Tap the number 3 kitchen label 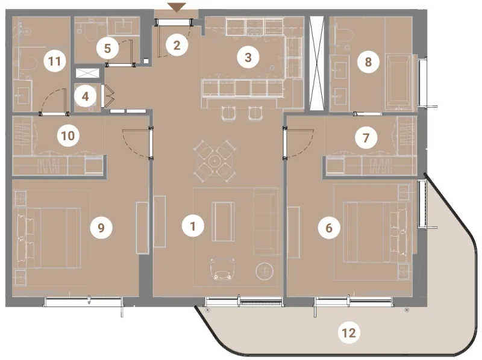(x=247, y=58)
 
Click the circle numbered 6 (x=328, y=228)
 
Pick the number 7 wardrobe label (x=365, y=138)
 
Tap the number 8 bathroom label (x=366, y=61)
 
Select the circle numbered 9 (x=101, y=227)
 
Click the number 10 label (x=68, y=135)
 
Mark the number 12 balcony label (x=350, y=332)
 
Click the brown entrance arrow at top (x=177, y=7)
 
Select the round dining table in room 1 (x=214, y=160)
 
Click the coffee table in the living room (x=223, y=222)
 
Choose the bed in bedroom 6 (x=374, y=232)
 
